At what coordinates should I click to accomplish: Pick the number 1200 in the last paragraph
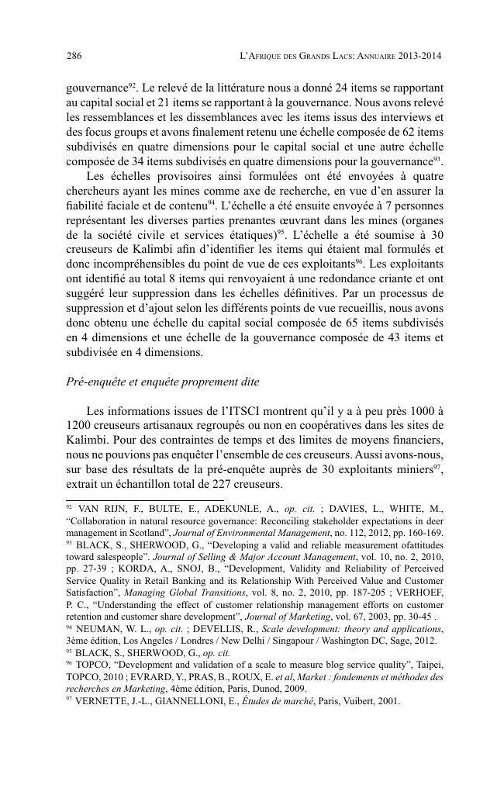[x=80, y=426]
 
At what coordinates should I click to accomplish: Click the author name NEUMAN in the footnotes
[x=99, y=630]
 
